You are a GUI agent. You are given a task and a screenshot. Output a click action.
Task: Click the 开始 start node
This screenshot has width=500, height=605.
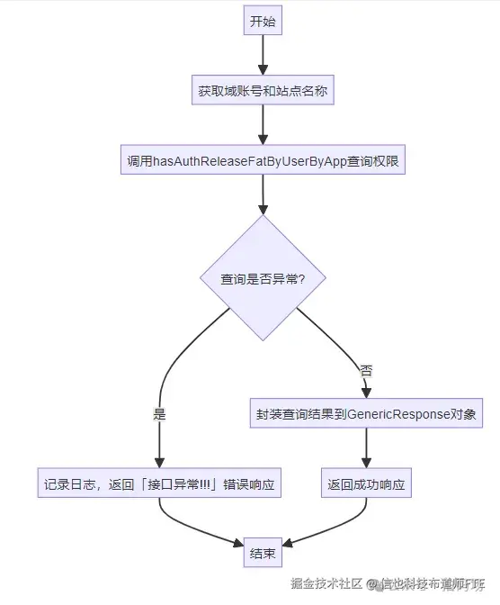263,22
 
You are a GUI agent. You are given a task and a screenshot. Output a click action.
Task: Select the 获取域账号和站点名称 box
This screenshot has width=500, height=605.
263,91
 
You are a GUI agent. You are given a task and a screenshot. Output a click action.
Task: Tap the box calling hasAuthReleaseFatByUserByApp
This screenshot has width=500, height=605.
263,161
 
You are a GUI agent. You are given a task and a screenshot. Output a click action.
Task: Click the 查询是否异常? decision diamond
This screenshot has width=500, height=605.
263,278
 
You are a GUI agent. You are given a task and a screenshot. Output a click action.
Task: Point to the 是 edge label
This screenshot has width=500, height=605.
160,415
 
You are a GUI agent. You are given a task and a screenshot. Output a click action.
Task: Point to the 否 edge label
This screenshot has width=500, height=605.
366,370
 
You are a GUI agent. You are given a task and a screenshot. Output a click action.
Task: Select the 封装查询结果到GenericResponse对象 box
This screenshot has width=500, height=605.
366,415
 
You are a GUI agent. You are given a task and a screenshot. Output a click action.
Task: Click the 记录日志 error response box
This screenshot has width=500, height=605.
160,484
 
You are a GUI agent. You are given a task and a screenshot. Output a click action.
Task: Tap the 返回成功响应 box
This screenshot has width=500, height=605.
366,484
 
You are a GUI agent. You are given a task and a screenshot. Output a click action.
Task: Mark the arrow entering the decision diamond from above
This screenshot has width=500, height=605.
263,194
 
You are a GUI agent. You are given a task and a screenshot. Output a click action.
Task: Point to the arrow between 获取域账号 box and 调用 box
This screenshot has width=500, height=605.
263,126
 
